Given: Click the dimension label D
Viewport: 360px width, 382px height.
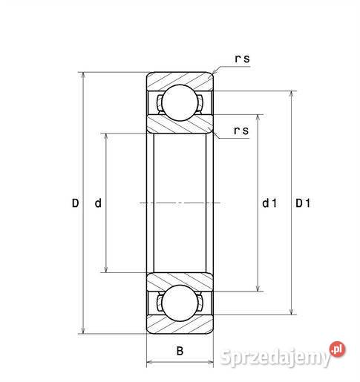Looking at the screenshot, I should (x=75, y=203).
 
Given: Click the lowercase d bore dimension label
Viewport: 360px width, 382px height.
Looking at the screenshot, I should (x=98, y=203).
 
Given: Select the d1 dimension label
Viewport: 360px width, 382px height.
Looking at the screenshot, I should (x=268, y=203).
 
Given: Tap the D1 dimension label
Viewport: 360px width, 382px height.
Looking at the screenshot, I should (x=303, y=203).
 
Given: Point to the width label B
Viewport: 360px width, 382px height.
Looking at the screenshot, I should (x=179, y=351).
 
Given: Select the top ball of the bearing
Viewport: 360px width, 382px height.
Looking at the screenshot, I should (x=179, y=102).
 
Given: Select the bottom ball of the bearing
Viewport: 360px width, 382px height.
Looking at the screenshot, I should (x=179, y=304).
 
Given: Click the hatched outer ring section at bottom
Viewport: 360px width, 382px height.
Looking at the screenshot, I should (x=179, y=327).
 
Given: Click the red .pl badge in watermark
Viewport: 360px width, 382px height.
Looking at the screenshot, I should (x=338, y=347).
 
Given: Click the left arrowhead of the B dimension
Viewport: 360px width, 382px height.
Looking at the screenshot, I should (x=150, y=363).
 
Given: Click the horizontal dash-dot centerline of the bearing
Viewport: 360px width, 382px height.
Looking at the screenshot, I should (x=179, y=203).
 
